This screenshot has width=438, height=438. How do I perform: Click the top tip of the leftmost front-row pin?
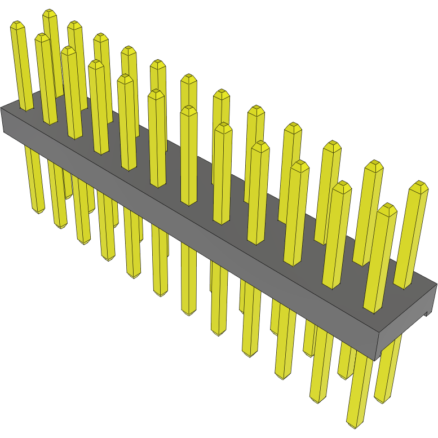pos(17,25)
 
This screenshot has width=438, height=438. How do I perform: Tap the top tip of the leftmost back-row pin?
pos(50,12)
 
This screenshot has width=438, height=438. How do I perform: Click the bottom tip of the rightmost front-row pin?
pos(355,423)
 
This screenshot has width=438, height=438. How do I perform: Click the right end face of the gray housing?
pos(405,324)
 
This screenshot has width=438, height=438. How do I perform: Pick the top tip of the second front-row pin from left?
pos(42,37)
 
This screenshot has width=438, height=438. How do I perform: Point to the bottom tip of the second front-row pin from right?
pos(318,400)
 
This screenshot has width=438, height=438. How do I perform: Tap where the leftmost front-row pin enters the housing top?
pos(26,108)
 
